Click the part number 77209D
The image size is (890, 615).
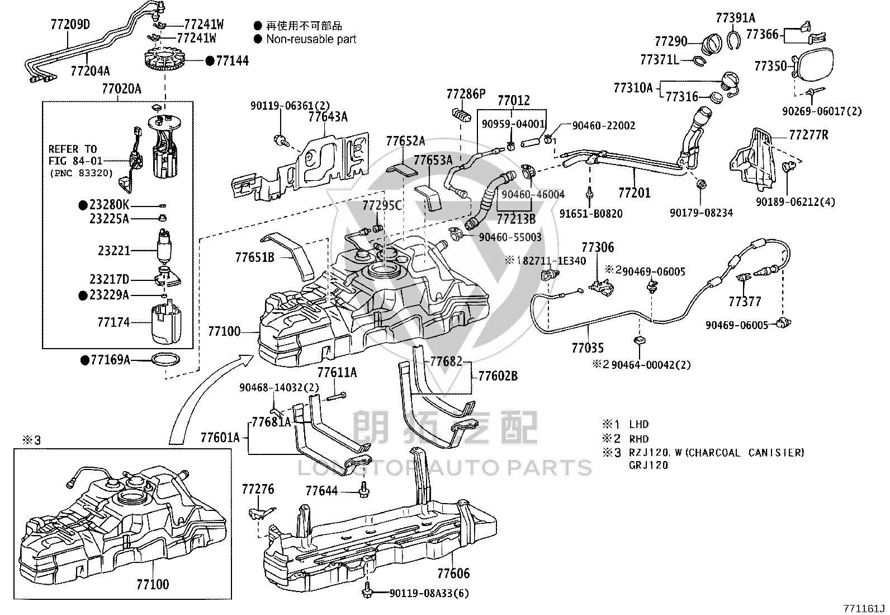70,25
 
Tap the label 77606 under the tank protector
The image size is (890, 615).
453,573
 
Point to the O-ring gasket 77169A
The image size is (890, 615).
165,360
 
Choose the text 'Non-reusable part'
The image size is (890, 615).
311,39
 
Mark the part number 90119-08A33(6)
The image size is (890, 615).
429,593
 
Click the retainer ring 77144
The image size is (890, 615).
164,60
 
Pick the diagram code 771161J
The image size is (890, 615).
864,608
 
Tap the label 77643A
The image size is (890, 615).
328,117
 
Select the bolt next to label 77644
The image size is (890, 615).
363,490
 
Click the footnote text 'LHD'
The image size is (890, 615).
639,424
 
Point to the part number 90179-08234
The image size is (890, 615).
701,213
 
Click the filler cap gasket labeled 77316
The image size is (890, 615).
716,97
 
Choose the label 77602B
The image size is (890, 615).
498,376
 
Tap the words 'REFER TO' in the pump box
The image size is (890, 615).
73,149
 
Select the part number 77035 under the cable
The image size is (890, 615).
587,348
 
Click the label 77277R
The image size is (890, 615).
808,135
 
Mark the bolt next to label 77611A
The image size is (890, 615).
337,396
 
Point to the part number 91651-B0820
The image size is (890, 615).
591,214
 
